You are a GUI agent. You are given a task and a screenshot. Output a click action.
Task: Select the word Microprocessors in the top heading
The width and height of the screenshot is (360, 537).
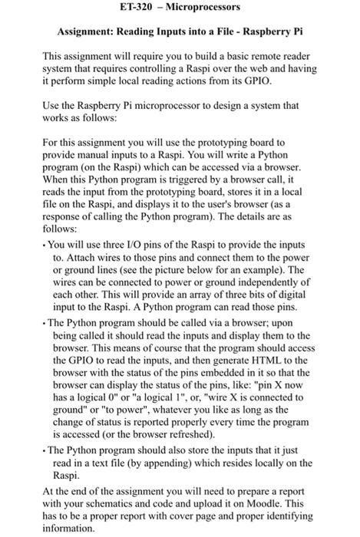pos(202,8)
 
